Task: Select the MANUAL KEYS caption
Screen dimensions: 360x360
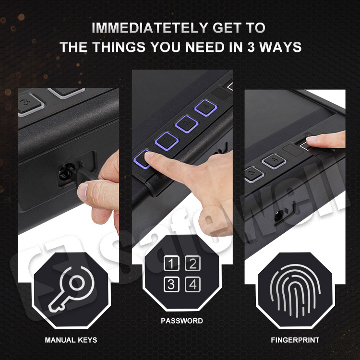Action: [71, 340]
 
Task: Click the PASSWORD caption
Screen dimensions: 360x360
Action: [182, 321]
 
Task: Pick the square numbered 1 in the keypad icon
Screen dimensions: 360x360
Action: [171, 263]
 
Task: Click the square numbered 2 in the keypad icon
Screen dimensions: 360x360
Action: [192, 263]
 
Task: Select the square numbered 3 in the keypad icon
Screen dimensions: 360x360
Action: [171, 284]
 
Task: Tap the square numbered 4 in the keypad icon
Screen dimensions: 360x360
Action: [192, 284]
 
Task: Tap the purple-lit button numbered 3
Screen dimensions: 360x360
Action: [184, 123]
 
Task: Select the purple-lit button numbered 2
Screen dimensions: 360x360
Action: [164, 140]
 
